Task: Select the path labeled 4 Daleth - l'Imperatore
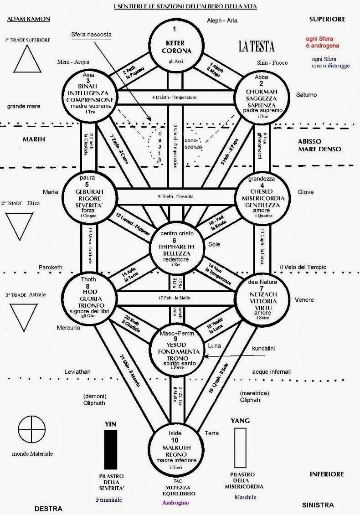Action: point(175,97)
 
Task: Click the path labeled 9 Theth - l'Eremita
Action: point(175,196)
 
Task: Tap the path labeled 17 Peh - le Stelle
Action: point(175,298)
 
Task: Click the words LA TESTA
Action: point(257,46)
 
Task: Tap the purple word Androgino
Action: point(175,503)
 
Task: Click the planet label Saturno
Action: point(306,95)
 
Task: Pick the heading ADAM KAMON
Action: point(28,19)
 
